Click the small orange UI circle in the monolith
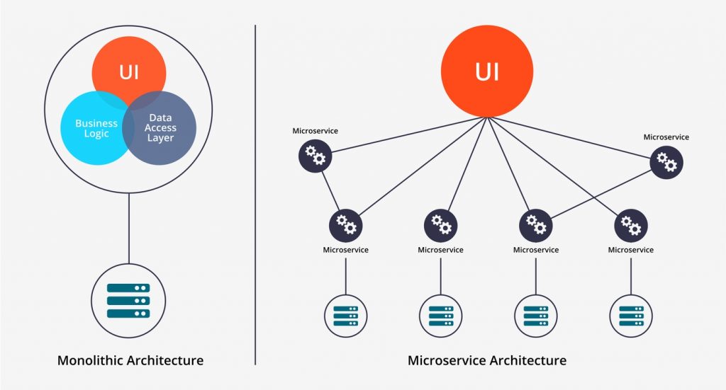point(128,71)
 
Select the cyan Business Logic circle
point(92,131)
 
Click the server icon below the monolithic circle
point(128,300)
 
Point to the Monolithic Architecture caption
point(130,360)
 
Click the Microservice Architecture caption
point(487,360)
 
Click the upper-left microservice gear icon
point(315,156)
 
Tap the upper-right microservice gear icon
point(667,161)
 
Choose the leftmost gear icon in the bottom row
point(346,225)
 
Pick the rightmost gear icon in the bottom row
point(631,225)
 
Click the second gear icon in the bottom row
point(441,225)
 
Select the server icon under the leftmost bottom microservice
point(346,315)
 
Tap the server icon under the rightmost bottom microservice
point(631,315)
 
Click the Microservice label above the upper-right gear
point(666,137)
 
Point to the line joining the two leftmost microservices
point(330,190)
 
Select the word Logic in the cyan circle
point(96,134)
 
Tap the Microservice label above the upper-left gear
point(315,131)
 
